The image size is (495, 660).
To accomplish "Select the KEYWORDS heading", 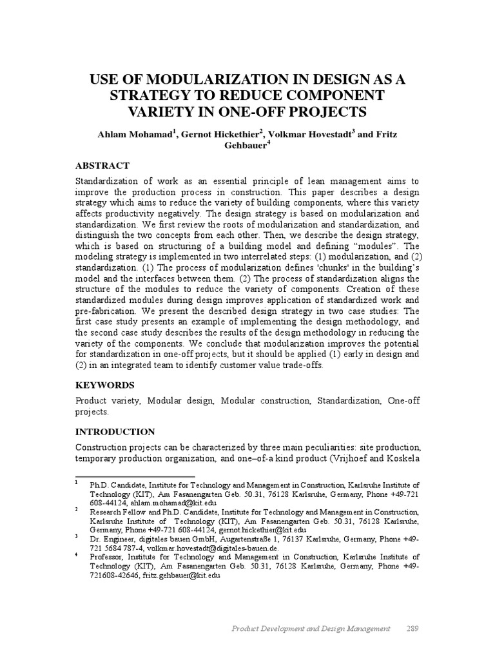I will click(105, 385).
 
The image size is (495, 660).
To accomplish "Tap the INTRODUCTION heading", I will click(115, 431).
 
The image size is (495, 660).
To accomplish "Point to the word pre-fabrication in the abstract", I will click(106, 311).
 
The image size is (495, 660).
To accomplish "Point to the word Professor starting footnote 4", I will click(108, 556).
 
